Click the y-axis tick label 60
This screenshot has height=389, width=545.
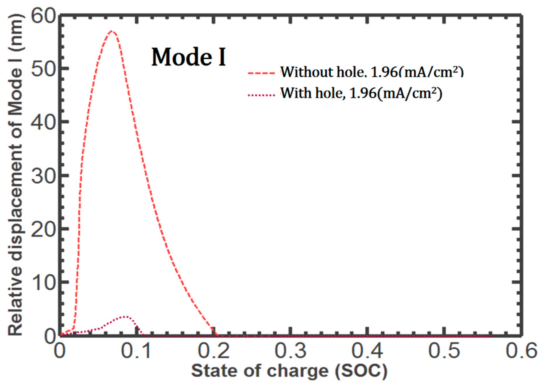pyautogui.click(x=43, y=16)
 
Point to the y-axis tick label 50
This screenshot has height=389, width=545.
pyautogui.click(x=43, y=69)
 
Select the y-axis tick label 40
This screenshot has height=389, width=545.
pyautogui.click(x=43, y=122)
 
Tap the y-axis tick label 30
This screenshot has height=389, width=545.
pyautogui.click(x=43, y=176)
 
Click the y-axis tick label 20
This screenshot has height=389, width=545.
pyautogui.click(x=43, y=230)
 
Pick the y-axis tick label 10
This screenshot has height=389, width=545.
pyautogui.click(x=43, y=283)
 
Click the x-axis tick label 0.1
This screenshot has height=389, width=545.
pyautogui.click(x=136, y=351)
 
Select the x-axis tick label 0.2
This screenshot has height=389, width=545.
pyautogui.click(x=214, y=351)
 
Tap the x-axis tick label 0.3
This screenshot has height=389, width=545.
pyautogui.click(x=290, y=351)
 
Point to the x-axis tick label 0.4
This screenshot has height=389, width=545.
pyautogui.click(x=367, y=351)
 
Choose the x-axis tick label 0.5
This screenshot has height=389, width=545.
pyautogui.click(x=444, y=351)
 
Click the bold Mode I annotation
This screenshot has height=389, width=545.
pyautogui.click(x=189, y=57)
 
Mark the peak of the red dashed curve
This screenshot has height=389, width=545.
pyautogui.click(x=112, y=31)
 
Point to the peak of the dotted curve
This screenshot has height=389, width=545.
pyautogui.click(x=125, y=316)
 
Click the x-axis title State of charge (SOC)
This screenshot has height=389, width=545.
pyautogui.click(x=289, y=371)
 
